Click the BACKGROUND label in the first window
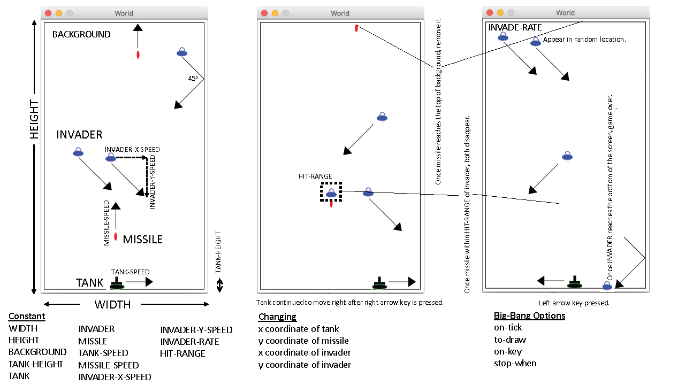pos(81,35)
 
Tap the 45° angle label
pos(193,78)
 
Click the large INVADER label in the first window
pos(79,135)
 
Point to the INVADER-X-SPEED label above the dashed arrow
pos(132,150)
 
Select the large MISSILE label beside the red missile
pos(142,240)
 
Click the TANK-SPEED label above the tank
pos(130,272)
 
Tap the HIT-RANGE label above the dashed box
pos(315,176)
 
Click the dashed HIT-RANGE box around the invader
pos(331,192)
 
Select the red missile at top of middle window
pos(356,28)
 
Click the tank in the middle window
pos(379,283)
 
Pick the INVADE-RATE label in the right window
pos(515,28)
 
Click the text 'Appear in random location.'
pos(584,40)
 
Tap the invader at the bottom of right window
pos(607,286)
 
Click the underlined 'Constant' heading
pos(27,316)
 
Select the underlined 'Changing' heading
pos(277,317)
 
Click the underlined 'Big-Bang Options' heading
pos(529,315)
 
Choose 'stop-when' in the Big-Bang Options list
pos(515,364)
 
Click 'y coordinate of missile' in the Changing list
pos(303,341)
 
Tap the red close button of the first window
pos(48,13)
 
